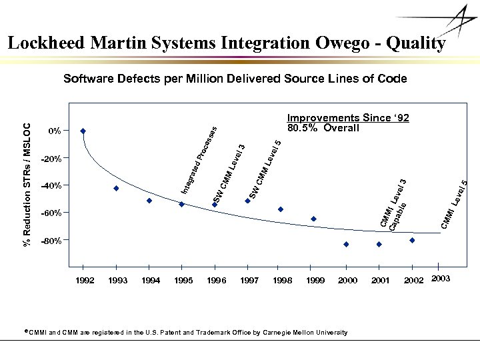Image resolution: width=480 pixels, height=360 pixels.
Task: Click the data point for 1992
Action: coord(83,131)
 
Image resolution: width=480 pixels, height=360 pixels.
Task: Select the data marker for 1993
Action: coord(116,189)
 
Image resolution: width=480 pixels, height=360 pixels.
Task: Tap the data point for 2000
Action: coord(346,245)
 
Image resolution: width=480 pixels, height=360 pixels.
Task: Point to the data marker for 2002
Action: coord(412,240)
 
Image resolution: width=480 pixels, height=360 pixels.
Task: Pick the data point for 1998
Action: coord(281,209)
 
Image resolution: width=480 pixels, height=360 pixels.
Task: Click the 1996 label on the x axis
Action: coord(216,281)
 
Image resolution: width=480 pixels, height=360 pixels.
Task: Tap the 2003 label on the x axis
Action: coord(441,278)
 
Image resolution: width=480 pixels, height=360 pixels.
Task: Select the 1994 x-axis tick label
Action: coord(151,281)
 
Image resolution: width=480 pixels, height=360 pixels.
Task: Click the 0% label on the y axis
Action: coord(55,131)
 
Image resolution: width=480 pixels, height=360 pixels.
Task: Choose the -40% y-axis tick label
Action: coord(51,185)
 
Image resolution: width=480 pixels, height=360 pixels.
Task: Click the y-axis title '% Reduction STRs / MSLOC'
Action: coord(27,184)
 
